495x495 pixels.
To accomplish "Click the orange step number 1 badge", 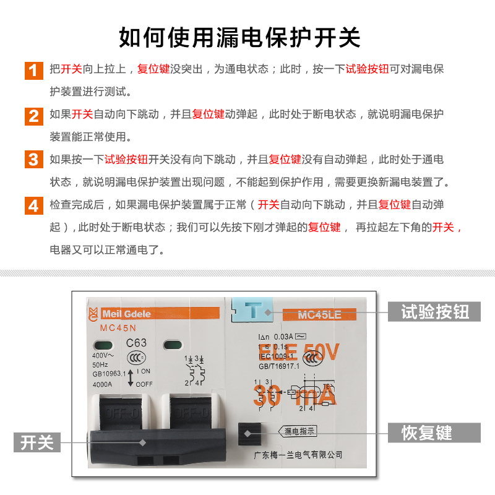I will click(x=33, y=69).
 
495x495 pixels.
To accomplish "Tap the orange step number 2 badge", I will click(x=33, y=114).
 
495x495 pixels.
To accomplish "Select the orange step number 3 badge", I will click(x=33, y=160).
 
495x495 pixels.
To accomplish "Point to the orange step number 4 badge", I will click(x=33, y=205).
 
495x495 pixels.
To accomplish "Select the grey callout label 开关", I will click(x=37, y=442).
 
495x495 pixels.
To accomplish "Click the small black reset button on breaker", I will click(x=251, y=433).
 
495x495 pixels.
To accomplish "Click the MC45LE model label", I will click(x=319, y=314).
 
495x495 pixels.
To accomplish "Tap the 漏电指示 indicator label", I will click(x=299, y=431).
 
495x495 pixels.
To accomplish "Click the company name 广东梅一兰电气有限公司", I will click(x=298, y=454).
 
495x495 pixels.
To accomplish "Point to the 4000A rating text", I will click(x=103, y=384).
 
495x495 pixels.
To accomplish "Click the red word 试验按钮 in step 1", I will click(x=367, y=69).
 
